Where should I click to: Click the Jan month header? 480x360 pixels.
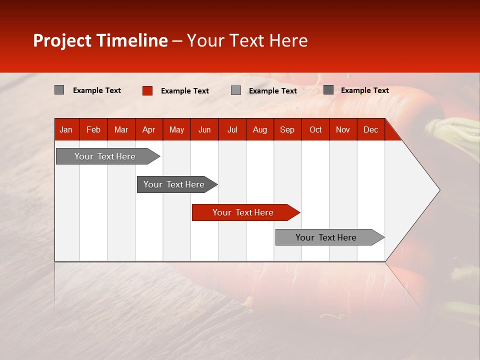[x=66, y=130]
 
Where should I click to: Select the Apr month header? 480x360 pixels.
[x=148, y=130]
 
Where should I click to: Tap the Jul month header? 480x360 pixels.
[x=232, y=130]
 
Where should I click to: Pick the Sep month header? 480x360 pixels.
[x=287, y=130]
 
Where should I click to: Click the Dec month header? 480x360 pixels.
[x=370, y=130]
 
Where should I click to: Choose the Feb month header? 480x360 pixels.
[x=93, y=130]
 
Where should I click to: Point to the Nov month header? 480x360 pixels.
[x=343, y=130]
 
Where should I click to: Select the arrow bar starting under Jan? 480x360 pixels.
[x=105, y=156]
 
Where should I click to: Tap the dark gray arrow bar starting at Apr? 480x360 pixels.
[x=174, y=184]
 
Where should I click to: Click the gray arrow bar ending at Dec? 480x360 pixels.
[x=326, y=237]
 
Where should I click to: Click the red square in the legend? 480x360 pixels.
[x=147, y=90]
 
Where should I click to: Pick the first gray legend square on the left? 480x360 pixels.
[x=59, y=90]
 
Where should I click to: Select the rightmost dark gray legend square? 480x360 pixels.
[x=328, y=90]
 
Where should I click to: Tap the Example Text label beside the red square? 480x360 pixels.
[x=185, y=91]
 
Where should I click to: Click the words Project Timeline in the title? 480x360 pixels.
[x=100, y=40]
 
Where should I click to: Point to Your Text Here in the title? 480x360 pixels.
[x=247, y=40]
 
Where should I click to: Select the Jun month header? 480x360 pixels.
[x=204, y=130]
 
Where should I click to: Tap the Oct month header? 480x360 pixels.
[x=315, y=130]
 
